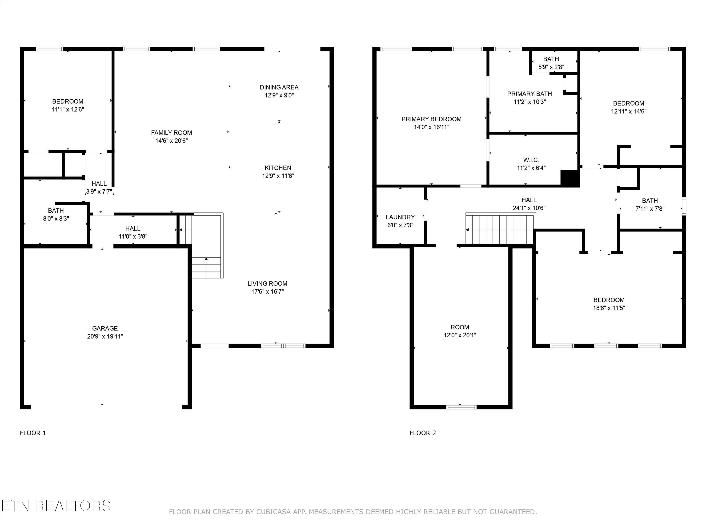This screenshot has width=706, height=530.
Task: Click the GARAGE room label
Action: pos(105,328)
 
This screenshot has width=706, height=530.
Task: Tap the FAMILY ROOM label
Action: pos(171,133)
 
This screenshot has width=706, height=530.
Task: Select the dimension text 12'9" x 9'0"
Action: pos(279,95)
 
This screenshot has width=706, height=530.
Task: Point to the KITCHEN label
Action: pos(278,168)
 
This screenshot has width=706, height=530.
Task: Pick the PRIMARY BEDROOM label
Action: pos(431,119)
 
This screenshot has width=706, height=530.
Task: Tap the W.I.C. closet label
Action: pos(531,160)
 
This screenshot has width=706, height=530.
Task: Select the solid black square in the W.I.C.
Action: pos(570,178)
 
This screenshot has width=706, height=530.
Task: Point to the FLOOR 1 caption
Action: pos(33,433)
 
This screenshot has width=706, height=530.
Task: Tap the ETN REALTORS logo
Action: pos(56,506)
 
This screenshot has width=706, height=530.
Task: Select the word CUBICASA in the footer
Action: pos(273,512)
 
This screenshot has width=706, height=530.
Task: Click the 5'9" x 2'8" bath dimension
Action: pos(551,67)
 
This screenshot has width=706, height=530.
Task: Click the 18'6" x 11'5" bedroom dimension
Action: pos(609,308)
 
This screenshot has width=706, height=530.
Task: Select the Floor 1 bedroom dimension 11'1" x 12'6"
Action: pos(68,109)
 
